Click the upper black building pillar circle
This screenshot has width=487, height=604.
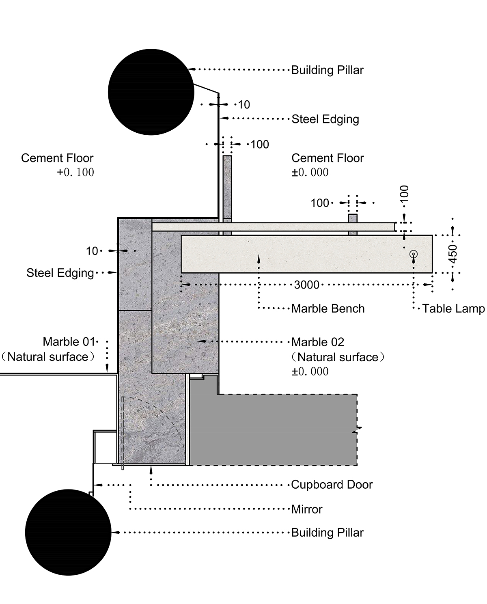point(151,92)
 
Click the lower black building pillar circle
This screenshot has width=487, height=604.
point(68,532)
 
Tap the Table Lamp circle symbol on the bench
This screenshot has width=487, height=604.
point(414,254)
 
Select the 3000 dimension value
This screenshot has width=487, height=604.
point(306,285)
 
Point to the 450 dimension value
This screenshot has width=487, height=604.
point(453,253)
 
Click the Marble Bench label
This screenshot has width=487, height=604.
point(328,308)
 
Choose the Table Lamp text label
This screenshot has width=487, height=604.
point(453,308)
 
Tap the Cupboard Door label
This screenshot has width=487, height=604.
point(332,485)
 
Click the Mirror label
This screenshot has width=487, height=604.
point(307,509)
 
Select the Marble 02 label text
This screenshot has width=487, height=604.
point(318,342)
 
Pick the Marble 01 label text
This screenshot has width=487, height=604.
point(69,342)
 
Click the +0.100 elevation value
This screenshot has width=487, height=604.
point(75,173)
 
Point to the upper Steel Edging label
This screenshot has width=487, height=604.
point(325,119)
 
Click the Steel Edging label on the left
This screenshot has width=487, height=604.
point(60,273)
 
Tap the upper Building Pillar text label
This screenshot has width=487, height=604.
point(328,70)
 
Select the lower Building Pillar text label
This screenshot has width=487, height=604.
point(328,533)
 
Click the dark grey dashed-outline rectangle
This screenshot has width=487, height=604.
point(280,430)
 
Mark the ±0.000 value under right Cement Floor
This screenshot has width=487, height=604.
point(310,173)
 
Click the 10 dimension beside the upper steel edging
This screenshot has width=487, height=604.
point(243,105)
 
